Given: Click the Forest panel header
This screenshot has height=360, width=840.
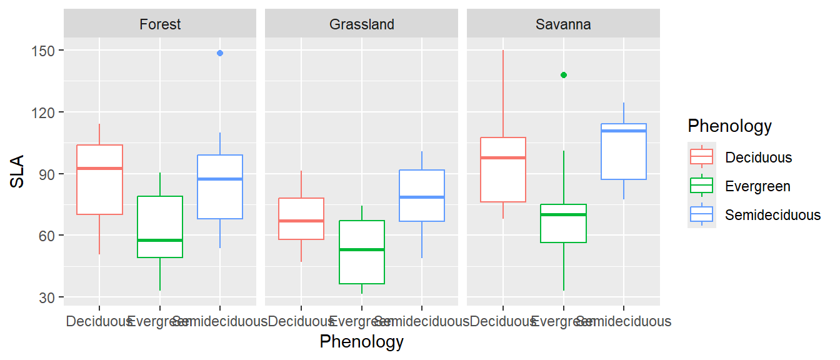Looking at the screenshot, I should [x=160, y=24].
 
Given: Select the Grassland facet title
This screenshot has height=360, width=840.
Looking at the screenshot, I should [x=362, y=24].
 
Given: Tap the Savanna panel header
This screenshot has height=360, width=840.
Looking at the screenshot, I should [x=563, y=24].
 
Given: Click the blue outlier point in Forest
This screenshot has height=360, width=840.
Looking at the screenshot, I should [x=220, y=53].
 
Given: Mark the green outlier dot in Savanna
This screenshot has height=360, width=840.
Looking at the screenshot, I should [x=563, y=75].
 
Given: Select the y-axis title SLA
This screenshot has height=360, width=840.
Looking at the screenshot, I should [x=18, y=171].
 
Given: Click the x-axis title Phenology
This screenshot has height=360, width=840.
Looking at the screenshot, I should [x=361, y=342].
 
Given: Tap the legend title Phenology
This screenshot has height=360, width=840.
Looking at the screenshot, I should [x=729, y=126].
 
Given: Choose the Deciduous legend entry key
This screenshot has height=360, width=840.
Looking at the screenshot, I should [x=702, y=157].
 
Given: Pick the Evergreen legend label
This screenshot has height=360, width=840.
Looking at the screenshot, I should [x=757, y=186].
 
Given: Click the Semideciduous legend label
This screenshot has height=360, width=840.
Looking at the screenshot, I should [x=772, y=215].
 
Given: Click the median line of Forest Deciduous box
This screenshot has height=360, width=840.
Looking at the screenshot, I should [x=99, y=168].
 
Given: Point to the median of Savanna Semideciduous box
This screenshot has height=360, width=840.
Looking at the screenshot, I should [x=624, y=131].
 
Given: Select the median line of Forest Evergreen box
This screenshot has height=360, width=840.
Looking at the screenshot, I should [x=160, y=240].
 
